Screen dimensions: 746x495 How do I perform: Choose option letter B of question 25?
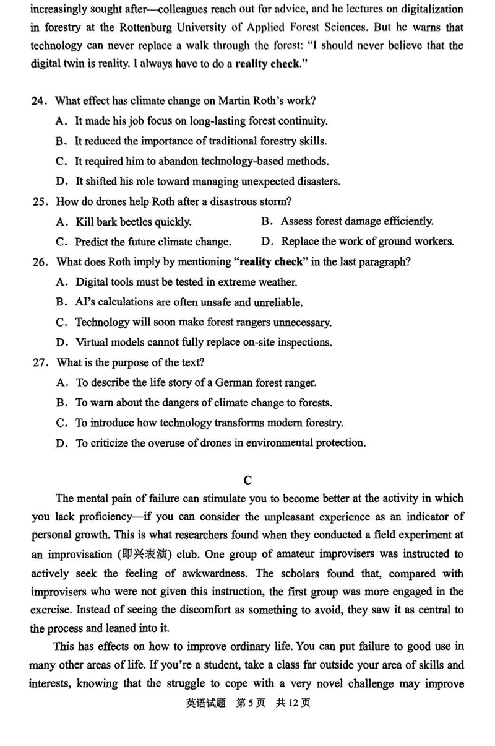click(x=267, y=221)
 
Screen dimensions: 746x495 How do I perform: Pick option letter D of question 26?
click(x=61, y=343)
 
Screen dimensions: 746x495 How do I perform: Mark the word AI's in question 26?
click(x=85, y=302)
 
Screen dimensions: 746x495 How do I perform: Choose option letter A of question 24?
click(x=61, y=121)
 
